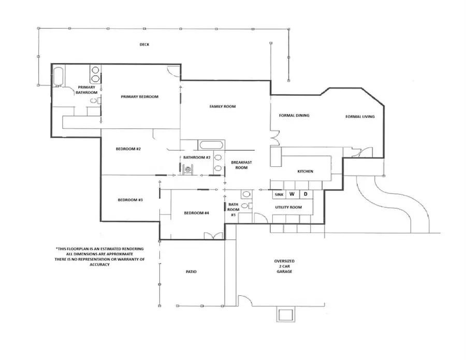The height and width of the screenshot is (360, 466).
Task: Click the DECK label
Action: (144, 45)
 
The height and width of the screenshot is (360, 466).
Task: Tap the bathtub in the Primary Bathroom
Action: (58, 77)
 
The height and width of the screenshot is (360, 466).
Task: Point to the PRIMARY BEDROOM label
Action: (139, 96)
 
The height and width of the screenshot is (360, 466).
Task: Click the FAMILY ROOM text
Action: (222, 106)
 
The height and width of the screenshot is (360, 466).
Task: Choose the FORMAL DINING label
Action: (294, 116)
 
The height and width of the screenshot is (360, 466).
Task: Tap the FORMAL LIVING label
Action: (360, 117)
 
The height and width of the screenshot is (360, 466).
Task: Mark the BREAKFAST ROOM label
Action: (241, 165)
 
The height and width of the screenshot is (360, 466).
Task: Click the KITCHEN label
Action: (305, 171)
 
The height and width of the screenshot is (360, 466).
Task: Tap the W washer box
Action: (292, 194)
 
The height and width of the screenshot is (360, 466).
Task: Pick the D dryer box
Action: (305, 194)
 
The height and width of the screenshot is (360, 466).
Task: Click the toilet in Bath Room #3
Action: (246, 194)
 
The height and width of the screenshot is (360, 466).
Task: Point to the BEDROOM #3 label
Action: (130, 200)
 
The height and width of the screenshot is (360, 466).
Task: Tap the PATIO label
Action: (190, 271)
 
